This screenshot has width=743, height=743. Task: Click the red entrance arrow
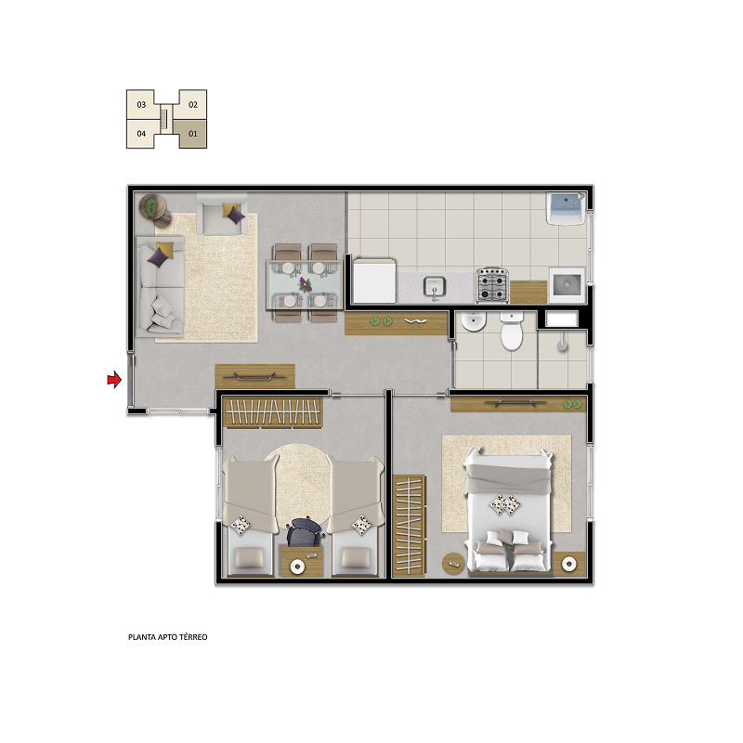[114, 380]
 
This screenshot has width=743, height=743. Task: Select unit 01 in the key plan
[192, 134]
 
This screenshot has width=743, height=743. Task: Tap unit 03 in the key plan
[141, 104]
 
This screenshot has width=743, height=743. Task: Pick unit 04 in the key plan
[141, 134]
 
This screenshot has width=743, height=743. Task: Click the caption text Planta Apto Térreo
[168, 637]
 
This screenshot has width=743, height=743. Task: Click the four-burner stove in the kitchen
[492, 285]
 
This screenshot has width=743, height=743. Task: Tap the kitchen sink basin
[435, 287]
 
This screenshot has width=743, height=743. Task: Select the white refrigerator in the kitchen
[374, 280]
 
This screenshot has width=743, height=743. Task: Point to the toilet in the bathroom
[512, 331]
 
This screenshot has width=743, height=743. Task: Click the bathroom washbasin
[474, 321]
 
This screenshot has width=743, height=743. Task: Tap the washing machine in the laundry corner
[567, 285]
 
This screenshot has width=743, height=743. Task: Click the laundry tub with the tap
[566, 208]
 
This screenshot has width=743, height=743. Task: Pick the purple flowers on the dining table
[306, 284]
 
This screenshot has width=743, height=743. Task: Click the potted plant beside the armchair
[151, 207]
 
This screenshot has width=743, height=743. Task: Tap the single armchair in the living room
[222, 215]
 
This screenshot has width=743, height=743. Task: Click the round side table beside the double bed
[453, 564]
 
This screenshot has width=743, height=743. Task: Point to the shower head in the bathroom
[562, 343]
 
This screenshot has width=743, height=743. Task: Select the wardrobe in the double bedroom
[409, 526]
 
